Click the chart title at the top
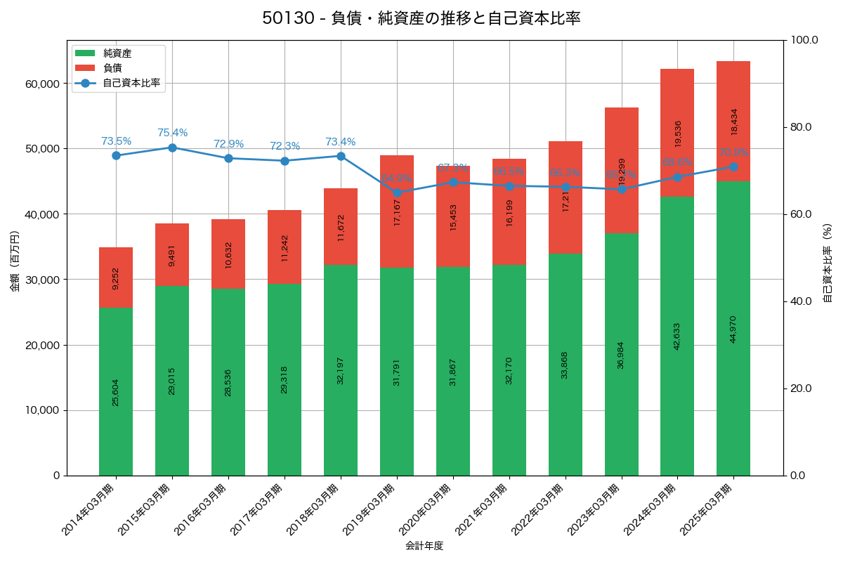[x=421, y=18]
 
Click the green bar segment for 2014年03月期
[x=116, y=391]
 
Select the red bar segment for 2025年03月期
[x=733, y=121]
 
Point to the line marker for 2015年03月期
[x=172, y=148]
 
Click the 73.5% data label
[x=116, y=141]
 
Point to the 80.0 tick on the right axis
[x=800, y=127]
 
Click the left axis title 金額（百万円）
[x=15, y=261]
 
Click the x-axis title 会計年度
[x=424, y=546]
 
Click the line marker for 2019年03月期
[x=397, y=192]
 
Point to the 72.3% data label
[x=285, y=146]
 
